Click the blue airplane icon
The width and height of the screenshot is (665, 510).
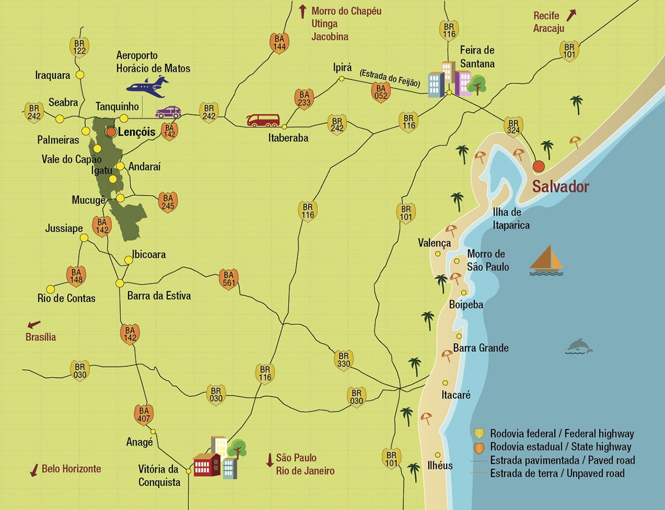(x=147, y=85)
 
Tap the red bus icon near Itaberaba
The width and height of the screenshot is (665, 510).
(x=263, y=120)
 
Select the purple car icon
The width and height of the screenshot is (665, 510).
(x=168, y=112)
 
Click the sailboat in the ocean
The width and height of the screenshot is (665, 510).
(x=546, y=260)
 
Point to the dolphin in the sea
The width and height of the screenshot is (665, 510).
(x=579, y=346)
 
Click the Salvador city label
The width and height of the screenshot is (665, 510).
(x=560, y=187)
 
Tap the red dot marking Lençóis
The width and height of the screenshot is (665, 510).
(x=111, y=132)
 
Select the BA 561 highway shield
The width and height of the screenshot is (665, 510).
(x=228, y=278)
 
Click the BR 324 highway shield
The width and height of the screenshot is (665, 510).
(x=513, y=126)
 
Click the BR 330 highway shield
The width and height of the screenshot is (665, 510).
(x=344, y=360)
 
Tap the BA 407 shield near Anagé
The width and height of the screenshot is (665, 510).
(x=144, y=414)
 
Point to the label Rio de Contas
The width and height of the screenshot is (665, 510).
(x=66, y=298)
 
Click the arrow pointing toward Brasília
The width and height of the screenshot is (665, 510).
(x=34, y=324)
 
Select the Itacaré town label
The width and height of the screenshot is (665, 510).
(x=456, y=395)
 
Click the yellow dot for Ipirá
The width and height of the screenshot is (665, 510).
(x=341, y=79)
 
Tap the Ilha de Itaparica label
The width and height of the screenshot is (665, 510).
(x=511, y=218)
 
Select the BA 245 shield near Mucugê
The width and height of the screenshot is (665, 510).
(x=167, y=201)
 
